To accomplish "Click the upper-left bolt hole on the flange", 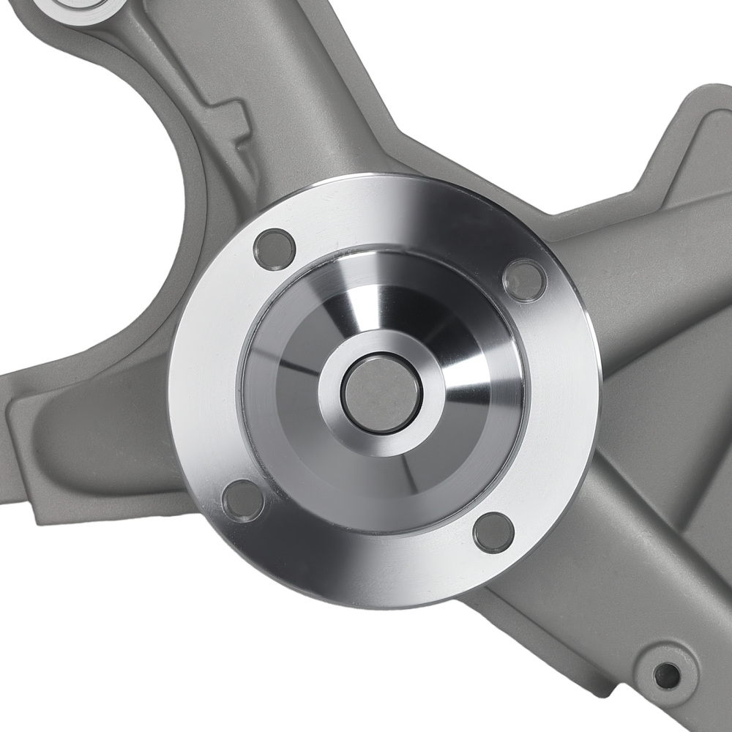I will point(274,249).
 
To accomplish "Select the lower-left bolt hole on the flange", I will point(242,501).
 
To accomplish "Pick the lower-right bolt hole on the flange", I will point(493,531).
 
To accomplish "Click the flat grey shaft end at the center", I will point(381,394).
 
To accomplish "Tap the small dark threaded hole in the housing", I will point(666,675).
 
